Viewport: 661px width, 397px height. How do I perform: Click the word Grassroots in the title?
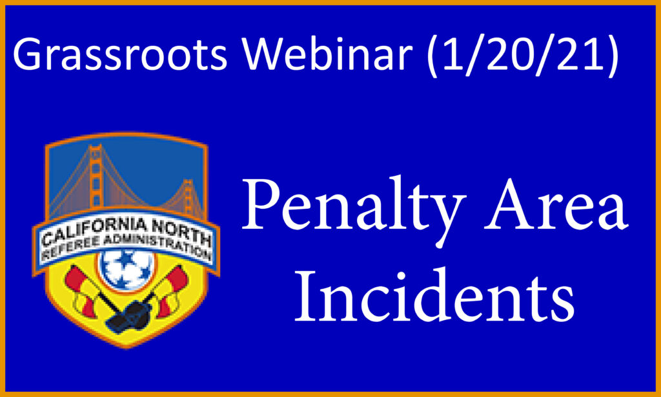[120, 54]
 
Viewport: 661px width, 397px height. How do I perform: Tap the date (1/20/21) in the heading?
[523, 54]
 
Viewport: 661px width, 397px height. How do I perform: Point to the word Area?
[556, 204]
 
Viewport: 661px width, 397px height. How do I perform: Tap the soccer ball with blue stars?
[127, 270]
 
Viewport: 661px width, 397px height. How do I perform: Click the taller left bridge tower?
[96, 177]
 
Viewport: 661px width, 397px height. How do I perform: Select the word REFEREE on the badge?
[66, 251]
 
